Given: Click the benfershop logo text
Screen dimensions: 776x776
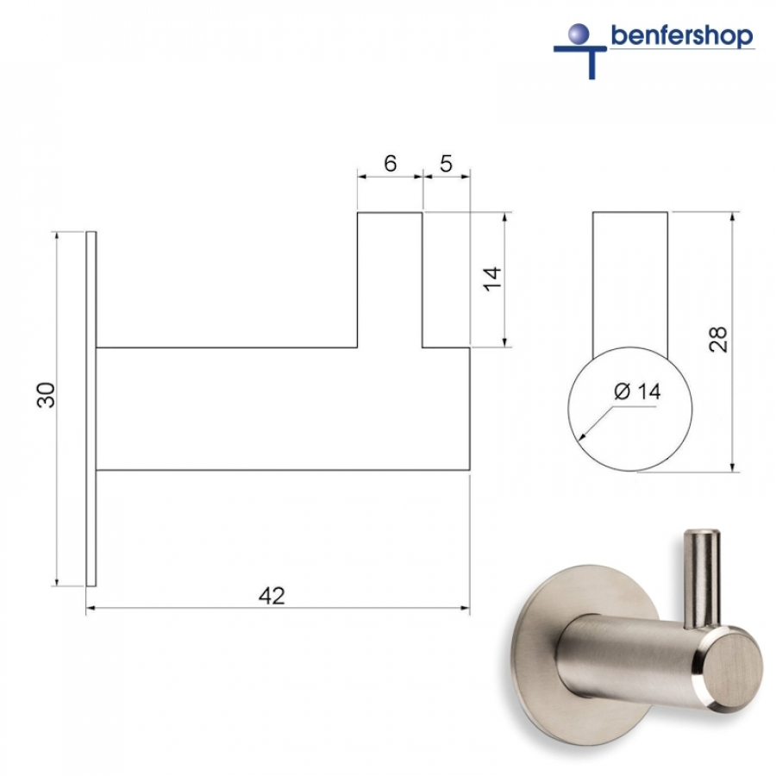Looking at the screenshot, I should pos(681,36).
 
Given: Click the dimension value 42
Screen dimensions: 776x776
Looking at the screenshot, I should pos(272,596).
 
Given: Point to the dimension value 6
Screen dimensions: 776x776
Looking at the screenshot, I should pos(390,164).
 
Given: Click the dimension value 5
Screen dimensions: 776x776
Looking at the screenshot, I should pos(446,164).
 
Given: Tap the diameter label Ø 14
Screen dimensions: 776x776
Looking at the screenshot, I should pos(637,391).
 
